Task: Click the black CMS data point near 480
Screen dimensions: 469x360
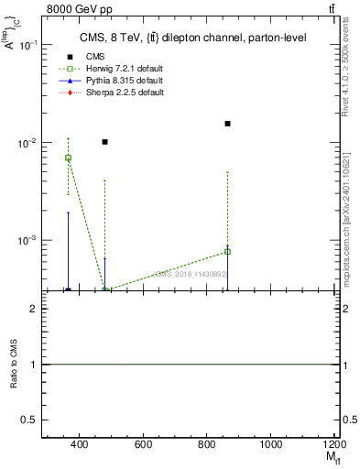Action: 105,142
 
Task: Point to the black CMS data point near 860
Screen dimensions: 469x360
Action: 227,124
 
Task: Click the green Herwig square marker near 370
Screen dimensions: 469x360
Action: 68,158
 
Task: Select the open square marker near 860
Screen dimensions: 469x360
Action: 227,251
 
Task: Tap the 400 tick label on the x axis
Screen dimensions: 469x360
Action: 79,445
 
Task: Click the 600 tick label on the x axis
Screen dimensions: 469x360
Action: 143,445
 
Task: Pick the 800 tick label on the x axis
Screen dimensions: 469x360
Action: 207,445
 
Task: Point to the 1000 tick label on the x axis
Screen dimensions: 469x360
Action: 271,445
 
